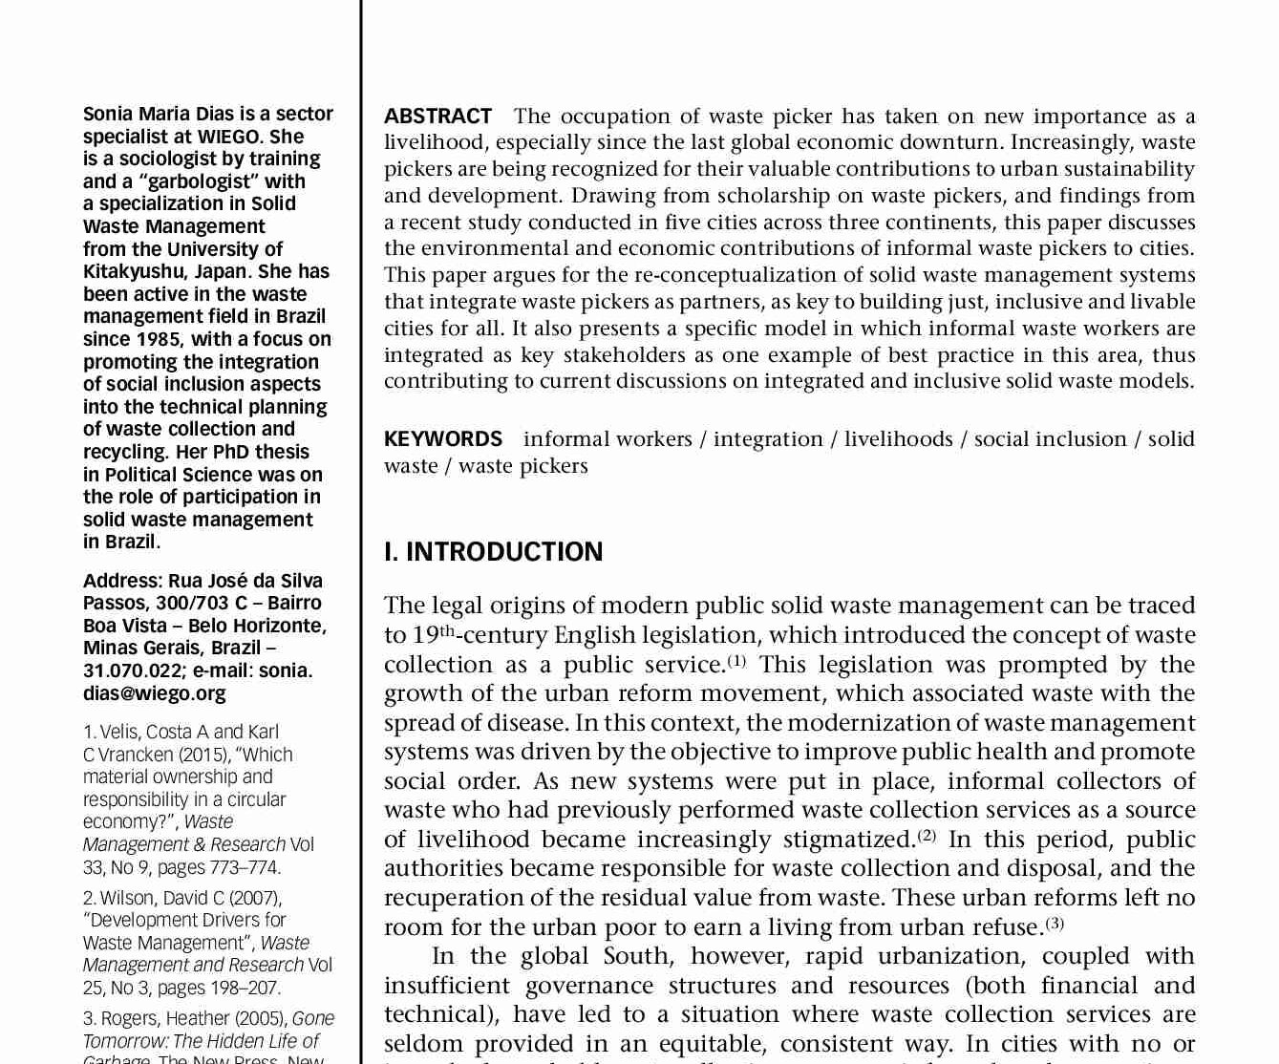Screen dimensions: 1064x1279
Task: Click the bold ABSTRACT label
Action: (437, 117)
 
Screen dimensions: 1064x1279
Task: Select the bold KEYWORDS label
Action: (442, 439)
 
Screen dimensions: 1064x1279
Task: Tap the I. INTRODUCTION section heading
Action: (493, 552)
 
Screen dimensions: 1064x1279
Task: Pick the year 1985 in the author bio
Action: (160, 339)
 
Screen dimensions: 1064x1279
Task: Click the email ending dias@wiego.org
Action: (155, 693)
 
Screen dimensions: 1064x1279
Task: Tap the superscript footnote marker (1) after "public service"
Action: (736, 660)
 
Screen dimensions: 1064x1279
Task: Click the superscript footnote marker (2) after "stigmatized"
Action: (927, 835)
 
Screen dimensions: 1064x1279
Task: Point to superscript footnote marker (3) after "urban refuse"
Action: (1055, 923)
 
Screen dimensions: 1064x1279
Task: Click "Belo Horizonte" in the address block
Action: (255, 626)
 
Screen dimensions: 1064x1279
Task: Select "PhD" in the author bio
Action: (230, 452)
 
